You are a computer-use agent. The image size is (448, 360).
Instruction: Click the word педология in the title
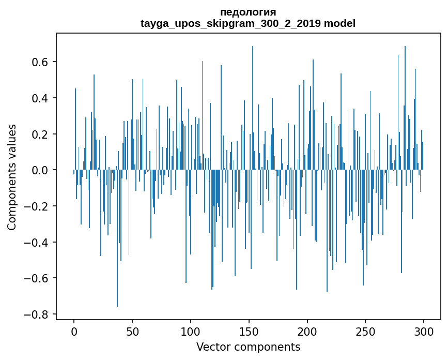[x=248, y=12]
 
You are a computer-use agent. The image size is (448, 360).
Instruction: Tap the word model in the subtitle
[x=339, y=23]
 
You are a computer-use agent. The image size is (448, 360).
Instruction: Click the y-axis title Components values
[x=12, y=177]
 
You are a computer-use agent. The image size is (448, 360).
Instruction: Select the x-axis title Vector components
[x=248, y=347]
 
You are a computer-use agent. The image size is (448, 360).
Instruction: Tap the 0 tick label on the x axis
[x=74, y=331]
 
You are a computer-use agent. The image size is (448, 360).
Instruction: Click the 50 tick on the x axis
[x=132, y=331]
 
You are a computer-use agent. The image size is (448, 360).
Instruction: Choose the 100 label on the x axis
[x=191, y=331]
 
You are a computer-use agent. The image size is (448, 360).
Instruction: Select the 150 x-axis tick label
[x=249, y=331]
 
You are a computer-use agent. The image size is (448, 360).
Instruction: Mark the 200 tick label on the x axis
[x=307, y=331]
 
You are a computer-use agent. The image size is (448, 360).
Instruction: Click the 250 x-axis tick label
[x=365, y=331]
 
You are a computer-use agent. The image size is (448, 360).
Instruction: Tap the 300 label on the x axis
[x=424, y=331]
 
